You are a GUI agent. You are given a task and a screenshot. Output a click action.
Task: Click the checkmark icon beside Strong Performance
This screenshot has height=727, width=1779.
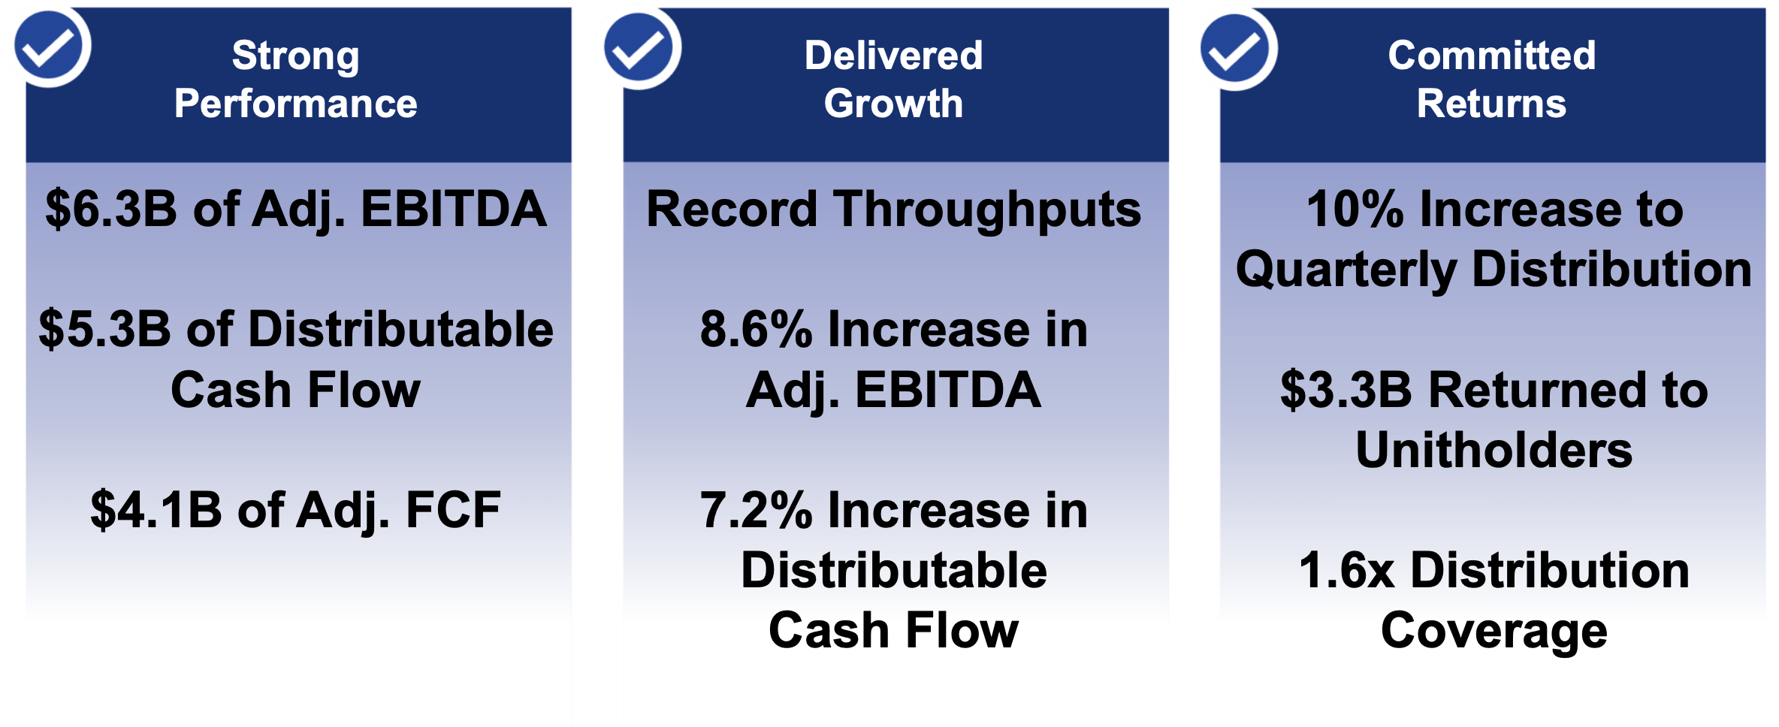(50, 47)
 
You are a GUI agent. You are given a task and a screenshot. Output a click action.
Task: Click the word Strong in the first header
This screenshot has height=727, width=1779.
(295, 56)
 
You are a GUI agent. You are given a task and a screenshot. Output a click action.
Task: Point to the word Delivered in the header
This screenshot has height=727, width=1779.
(893, 56)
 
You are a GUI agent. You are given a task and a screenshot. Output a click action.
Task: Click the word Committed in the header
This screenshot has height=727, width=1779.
(1491, 56)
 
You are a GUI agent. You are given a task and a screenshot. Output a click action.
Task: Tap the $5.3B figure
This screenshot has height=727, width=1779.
(104, 330)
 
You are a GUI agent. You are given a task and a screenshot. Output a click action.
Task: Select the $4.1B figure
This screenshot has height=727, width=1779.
(156, 511)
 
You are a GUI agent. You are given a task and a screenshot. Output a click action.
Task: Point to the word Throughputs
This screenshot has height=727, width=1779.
(988, 211)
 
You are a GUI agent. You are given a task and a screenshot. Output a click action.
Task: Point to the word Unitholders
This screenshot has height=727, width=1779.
(1494, 451)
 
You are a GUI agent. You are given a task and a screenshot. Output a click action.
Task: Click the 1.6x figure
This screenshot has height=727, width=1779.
(1346, 571)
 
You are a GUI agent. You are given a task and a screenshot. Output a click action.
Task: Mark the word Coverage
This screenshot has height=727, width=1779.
(1494, 632)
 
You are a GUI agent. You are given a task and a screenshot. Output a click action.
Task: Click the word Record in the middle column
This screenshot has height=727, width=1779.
(731, 210)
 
